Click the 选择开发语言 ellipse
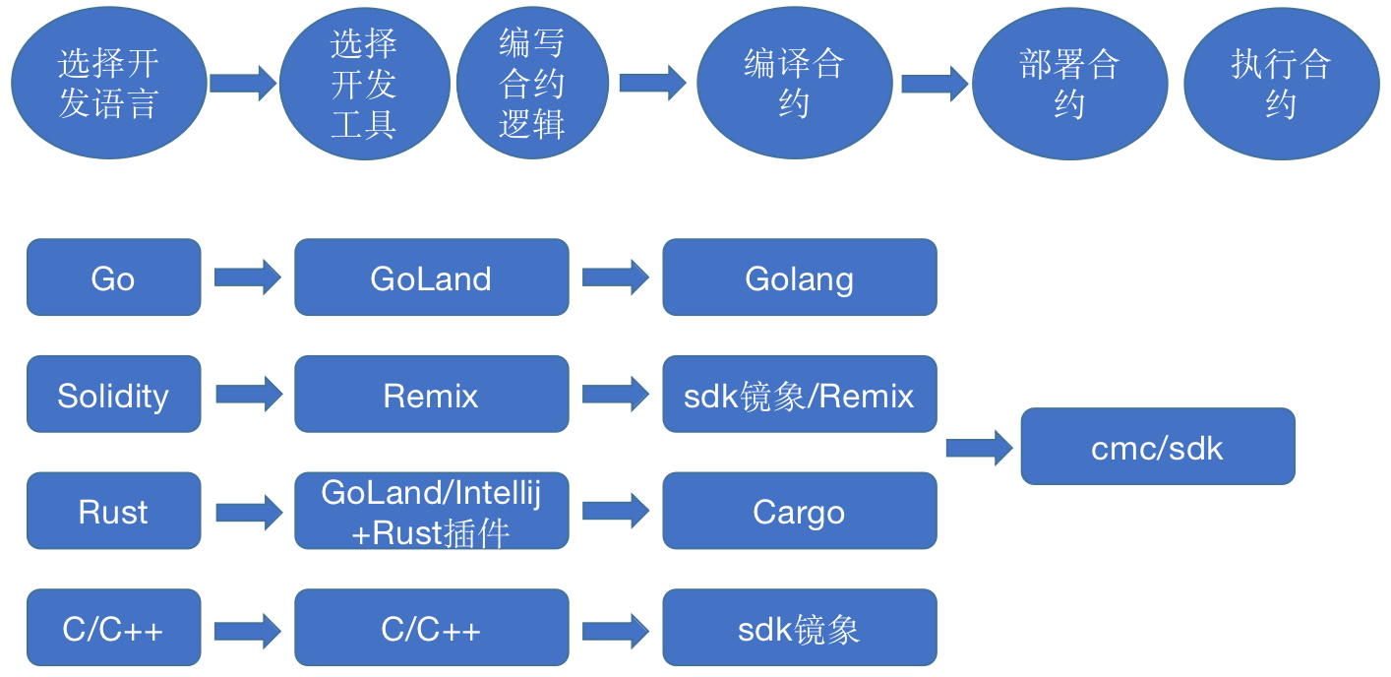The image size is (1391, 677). [x=108, y=85]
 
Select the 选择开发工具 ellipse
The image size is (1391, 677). [x=364, y=85]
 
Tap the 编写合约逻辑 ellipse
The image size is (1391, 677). [x=531, y=85]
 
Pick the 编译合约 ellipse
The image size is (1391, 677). [x=794, y=85]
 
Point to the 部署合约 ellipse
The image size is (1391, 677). [x=1069, y=85]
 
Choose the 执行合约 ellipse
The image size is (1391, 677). [x=1281, y=85]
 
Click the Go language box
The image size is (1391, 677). [x=113, y=277]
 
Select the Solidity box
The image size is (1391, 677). [x=113, y=395]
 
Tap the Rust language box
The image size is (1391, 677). [x=113, y=511]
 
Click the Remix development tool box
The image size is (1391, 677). [x=431, y=395]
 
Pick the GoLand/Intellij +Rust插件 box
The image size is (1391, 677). [x=431, y=511]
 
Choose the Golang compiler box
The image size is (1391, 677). [x=799, y=277]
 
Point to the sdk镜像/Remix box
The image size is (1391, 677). [x=799, y=395]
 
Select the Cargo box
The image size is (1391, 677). [x=799, y=511]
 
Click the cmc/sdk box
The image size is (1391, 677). [x=1157, y=447]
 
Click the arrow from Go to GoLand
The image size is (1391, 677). [x=247, y=277]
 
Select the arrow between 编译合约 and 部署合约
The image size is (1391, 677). [x=934, y=83]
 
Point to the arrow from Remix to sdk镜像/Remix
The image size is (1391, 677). [x=615, y=395]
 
